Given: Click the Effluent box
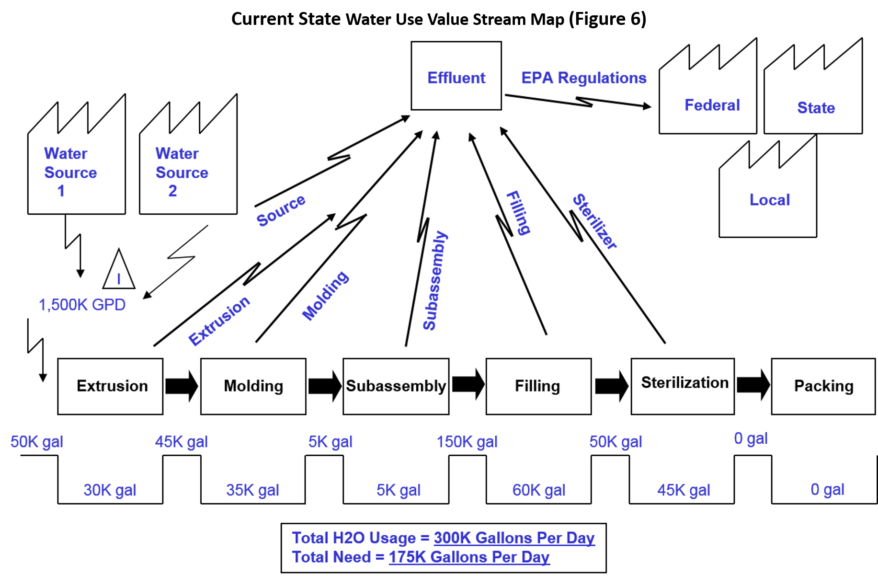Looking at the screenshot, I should (456, 76).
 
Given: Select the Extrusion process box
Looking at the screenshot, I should (110, 386).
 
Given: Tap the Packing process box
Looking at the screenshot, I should (823, 386).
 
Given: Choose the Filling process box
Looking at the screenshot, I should (538, 386).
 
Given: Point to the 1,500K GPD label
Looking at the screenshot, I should (82, 305).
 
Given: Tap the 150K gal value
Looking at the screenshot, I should (467, 442).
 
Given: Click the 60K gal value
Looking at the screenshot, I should (539, 490).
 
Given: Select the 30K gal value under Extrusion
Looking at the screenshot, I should (110, 490).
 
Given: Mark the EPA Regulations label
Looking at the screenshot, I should (583, 78).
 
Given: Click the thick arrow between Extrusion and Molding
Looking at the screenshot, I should (182, 386).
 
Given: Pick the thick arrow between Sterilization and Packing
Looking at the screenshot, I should (753, 385).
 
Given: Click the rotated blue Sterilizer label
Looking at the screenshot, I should (595, 221).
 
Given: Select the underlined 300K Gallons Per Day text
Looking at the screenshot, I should (514, 538).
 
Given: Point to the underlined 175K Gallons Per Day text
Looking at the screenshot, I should (469, 557).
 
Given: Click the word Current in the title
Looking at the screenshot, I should (262, 19).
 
